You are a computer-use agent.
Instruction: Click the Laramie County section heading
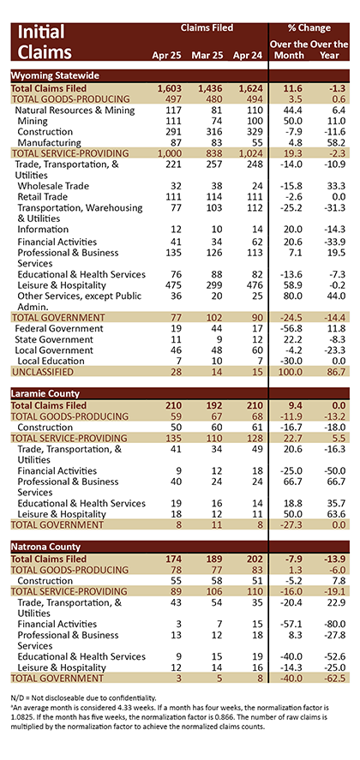[45, 393]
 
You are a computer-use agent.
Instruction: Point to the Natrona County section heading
[45, 547]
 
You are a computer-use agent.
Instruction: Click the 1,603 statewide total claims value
[169, 88]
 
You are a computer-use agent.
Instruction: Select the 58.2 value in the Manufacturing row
[336, 142]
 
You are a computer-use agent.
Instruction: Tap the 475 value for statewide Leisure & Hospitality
[173, 285]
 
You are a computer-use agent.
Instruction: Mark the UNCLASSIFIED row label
[42, 372]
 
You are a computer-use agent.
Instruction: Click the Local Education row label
[51, 361]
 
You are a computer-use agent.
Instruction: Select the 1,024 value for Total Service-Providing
[250, 153]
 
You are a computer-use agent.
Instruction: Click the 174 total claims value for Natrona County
[173, 560]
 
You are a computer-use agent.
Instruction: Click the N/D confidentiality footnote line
[81, 697]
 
